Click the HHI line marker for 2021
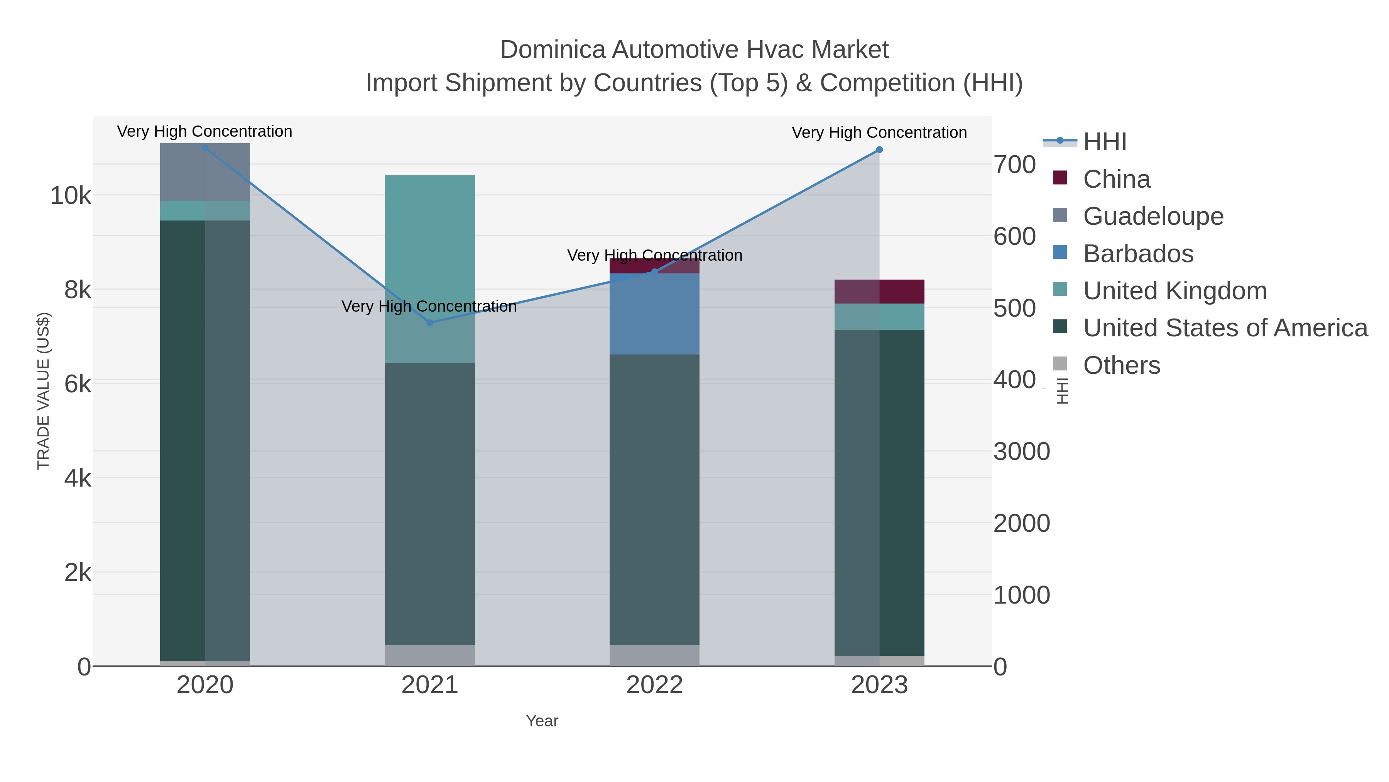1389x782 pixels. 430,323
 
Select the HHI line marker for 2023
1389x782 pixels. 879,150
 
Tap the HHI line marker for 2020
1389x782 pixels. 205,148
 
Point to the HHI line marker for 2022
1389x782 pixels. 655,272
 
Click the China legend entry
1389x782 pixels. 1116,179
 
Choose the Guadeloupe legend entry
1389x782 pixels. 1153,216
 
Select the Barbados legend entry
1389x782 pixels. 1138,254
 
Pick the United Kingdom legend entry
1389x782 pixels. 1174,291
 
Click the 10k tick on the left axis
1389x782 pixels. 71,195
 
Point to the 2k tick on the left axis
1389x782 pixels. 78,572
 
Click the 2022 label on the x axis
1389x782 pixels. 655,685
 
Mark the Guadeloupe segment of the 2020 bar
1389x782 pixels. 205,172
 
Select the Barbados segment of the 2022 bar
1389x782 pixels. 655,314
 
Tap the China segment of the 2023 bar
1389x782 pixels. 879,292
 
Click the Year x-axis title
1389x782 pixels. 542,721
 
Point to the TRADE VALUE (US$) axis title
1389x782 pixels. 43,391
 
